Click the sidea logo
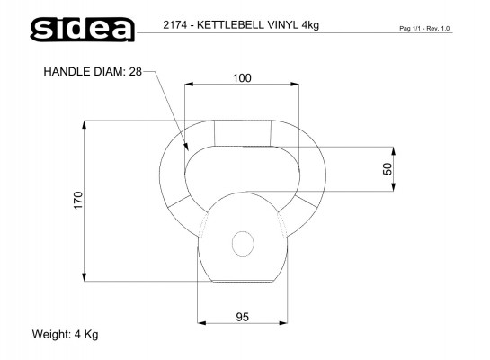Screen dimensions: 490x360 click(x=83, y=29)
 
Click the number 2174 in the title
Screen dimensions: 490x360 click(x=174, y=24)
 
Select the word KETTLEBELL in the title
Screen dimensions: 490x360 click(x=230, y=24)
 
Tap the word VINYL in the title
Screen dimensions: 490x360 click(x=282, y=24)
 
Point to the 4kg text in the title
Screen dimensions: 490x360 click(x=310, y=25)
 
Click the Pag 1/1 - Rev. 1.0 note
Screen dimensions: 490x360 click(x=424, y=29)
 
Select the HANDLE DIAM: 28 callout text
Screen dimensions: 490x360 click(x=93, y=72)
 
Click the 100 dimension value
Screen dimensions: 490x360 click(x=242, y=78)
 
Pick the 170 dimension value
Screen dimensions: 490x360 click(x=78, y=200)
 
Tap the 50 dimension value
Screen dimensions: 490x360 click(x=388, y=169)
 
